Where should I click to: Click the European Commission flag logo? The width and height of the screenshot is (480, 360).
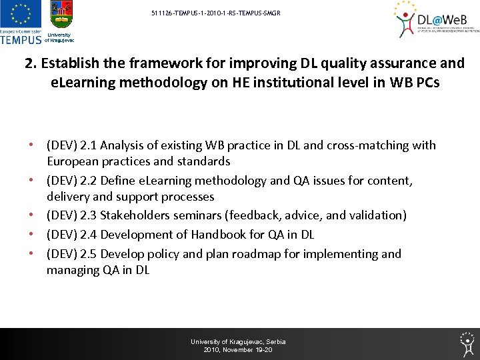(x=21, y=15)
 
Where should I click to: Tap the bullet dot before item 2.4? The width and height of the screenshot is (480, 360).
(x=31, y=235)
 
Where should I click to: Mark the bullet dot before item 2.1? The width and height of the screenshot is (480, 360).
(x=31, y=145)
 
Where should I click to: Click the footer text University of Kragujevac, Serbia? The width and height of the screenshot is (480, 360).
(x=238, y=341)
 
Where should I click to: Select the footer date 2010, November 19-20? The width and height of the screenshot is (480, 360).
(x=238, y=350)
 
